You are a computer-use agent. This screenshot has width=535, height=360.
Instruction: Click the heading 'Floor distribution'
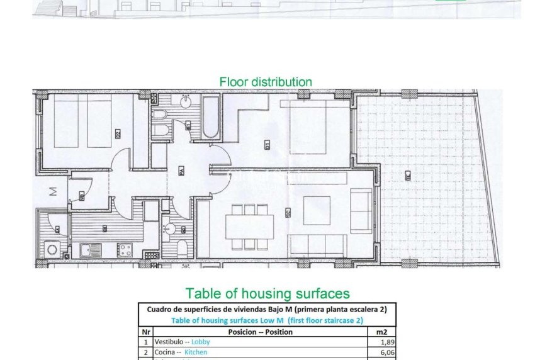click(x=265, y=82)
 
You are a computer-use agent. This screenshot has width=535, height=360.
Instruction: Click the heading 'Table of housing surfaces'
click(x=267, y=293)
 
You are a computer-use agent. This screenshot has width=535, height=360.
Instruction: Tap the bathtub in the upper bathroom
click(x=210, y=118)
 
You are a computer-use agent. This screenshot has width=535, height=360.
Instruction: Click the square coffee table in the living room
click(x=317, y=208)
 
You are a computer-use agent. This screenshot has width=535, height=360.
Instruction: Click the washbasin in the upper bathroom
click(x=187, y=101)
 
